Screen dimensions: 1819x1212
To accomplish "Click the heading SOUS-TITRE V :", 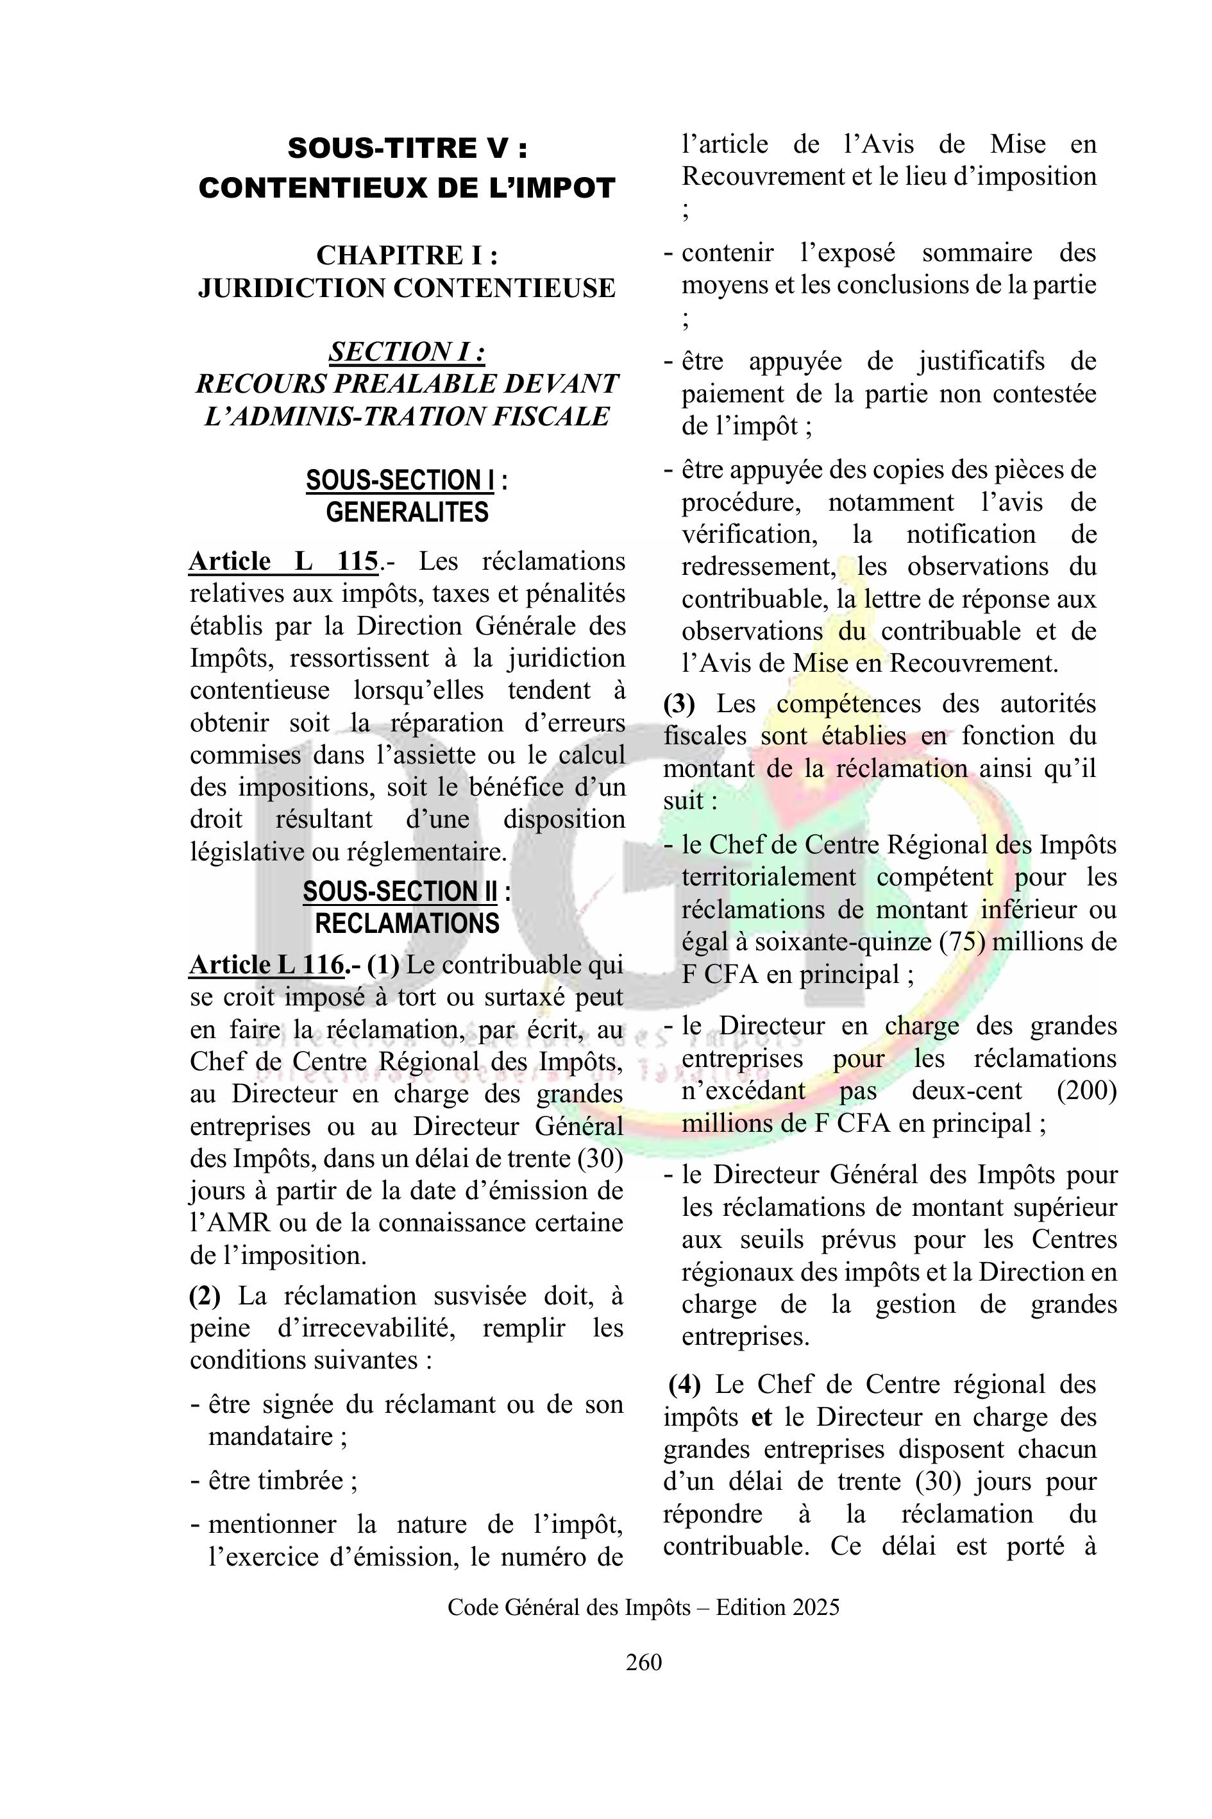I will click(x=407, y=148).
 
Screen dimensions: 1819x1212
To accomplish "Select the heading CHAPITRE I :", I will click(x=407, y=255).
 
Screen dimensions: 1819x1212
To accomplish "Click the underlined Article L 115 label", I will click(x=283, y=561).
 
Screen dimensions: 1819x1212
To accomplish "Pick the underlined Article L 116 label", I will click(x=267, y=964).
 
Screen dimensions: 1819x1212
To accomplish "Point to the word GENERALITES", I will click(x=407, y=512).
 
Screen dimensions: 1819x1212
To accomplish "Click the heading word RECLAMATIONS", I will click(x=407, y=923).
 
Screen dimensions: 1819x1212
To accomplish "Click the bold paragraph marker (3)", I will click(x=680, y=704).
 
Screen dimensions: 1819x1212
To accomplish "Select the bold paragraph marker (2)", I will click(x=205, y=1295).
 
